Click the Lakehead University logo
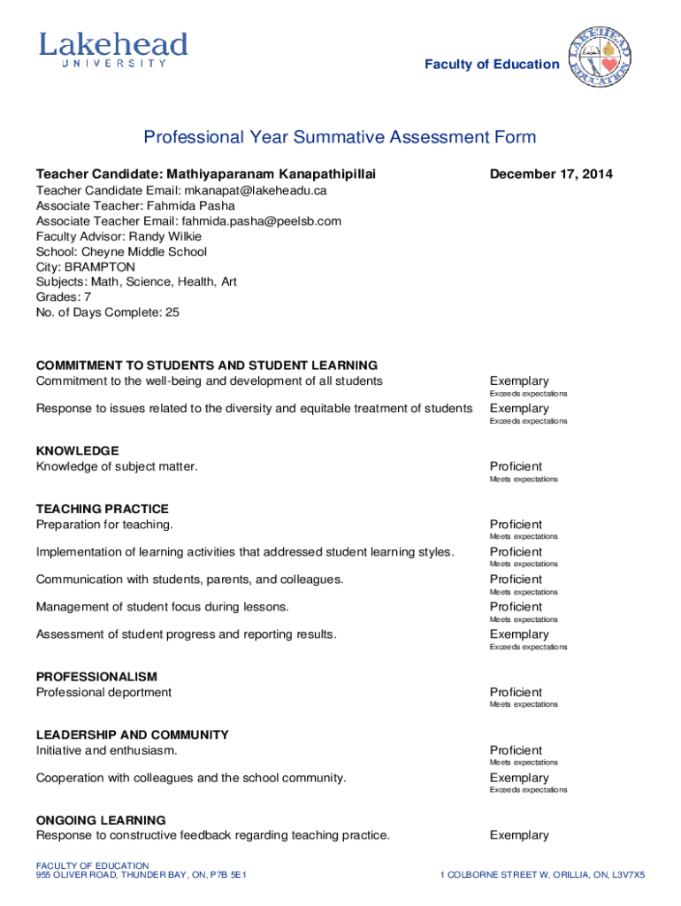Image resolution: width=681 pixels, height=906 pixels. point(112,50)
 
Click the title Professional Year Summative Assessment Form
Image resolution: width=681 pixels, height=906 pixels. point(340,137)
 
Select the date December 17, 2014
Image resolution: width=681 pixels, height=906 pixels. point(551,174)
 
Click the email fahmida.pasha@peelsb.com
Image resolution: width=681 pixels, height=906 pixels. point(262,221)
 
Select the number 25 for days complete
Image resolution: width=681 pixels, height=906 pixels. point(171,311)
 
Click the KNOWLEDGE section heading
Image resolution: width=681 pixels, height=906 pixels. point(77,450)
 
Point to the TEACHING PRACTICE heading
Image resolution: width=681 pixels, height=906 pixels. point(102,509)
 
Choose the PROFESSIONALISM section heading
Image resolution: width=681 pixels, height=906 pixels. point(96,677)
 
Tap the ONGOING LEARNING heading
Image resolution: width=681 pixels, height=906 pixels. point(100,820)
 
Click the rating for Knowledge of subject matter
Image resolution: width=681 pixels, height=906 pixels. point(516,466)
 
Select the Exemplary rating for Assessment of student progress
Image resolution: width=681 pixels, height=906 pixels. point(519,634)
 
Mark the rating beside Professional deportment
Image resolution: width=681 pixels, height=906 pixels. point(516,692)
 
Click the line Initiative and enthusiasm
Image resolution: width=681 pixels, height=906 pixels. point(106,750)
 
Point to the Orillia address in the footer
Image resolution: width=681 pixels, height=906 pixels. point(542,875)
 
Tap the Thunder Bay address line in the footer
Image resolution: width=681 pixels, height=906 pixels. point(141,875)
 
